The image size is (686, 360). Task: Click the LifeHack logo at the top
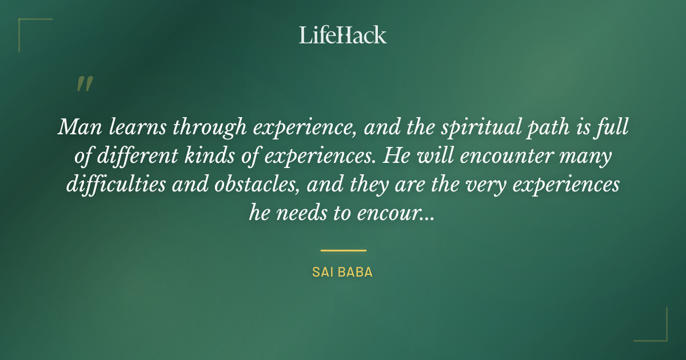[342, 35]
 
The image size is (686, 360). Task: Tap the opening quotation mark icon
[84, 84]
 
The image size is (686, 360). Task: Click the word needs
[304, 213]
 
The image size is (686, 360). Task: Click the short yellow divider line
[343, 250]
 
